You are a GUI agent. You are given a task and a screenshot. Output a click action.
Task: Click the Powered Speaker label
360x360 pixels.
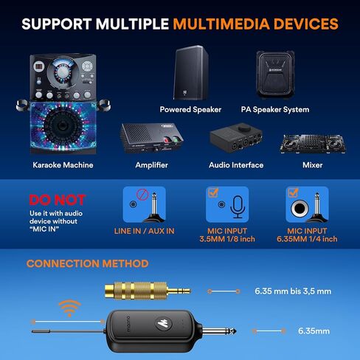click(190, 110)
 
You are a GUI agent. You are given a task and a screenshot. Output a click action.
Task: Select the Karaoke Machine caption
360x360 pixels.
click(63, 165)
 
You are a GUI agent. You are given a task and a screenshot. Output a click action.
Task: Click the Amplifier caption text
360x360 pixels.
click(153, 165)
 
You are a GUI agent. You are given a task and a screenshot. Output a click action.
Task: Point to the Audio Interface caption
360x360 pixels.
click(237, 165)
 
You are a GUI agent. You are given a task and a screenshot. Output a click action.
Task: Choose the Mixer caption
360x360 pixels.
click(312, 165)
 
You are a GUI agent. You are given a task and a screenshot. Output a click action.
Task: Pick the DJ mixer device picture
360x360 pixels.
click(312, 142)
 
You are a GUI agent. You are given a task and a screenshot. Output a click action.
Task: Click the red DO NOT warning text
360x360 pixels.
click(56, 200)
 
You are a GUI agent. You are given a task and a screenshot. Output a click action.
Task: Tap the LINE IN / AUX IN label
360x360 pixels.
click(149, 231)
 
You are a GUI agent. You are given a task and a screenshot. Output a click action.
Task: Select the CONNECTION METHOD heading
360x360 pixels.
click(87, 263)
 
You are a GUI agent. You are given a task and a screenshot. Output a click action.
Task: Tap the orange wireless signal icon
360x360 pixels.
click(70, 309)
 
